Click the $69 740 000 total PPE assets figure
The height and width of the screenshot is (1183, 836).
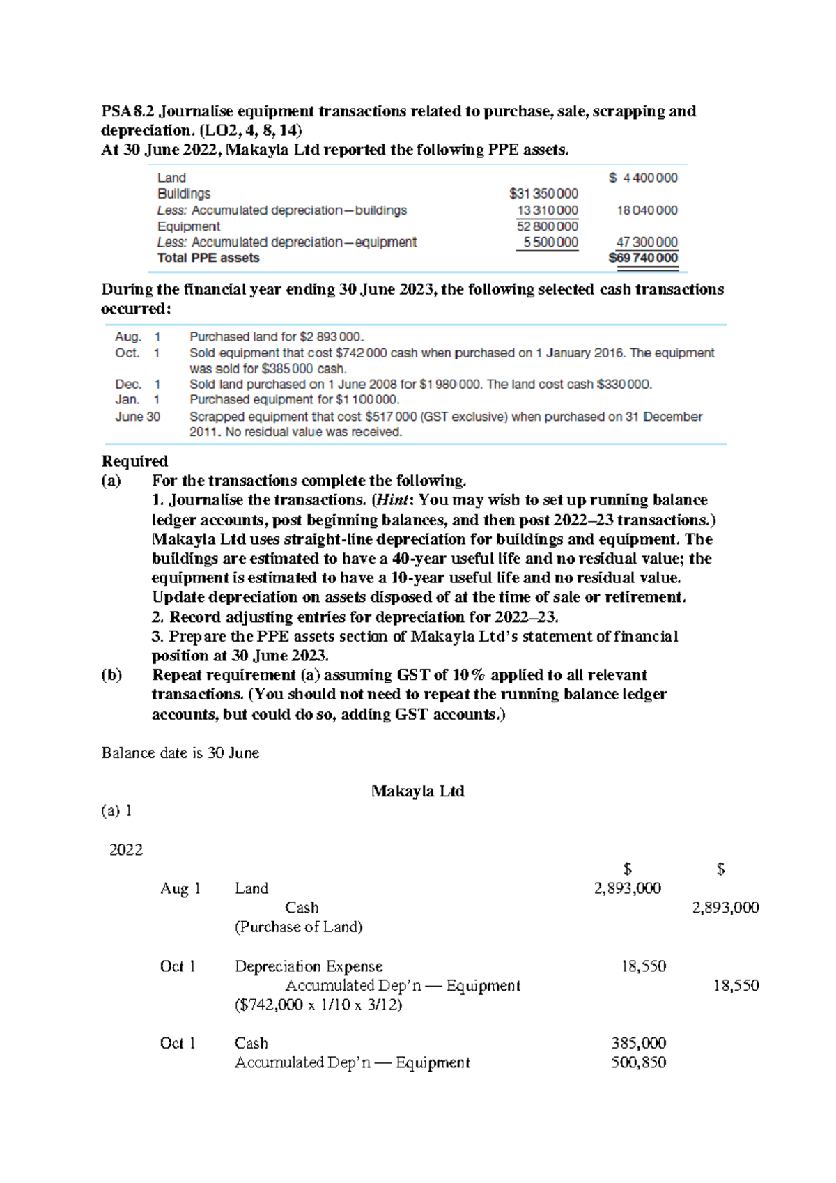pyautogui.click(x=643, y=258)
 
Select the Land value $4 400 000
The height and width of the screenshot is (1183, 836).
pyautogui.click(x=643, y=178)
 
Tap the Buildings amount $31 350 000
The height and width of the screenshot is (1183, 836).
pyautogui.click(x=543, y=194)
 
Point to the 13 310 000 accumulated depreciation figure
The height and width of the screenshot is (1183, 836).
pyautogui.click(x=547, y=210)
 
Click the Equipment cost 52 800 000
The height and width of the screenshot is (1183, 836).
pyautogui.click(x=547, y=226)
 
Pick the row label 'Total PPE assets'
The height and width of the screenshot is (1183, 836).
pyautogui.click(x=208, y=258)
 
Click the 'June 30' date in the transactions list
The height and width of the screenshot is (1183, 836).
pyautogui.click(x=137, y=417)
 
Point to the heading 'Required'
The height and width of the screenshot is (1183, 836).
pyautogui.click(x=134, y=461)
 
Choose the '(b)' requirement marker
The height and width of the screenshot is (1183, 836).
pyautogui.click(x=111, y=675)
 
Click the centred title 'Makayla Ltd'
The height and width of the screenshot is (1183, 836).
pyautogui.click(x=417, y=791)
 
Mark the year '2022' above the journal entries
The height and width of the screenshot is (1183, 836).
pyautogui.click(x=126, y=850)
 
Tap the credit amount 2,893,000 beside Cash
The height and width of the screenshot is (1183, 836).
pyautogui.click(x=725, y=908)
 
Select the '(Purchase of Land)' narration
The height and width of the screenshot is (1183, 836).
pyautogui.click(x=298, y=927)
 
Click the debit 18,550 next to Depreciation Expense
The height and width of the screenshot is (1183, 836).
pyautogui.click(x=643, y=966)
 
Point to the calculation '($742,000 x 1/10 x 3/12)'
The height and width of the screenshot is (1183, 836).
pyautogui.click(x=318, y=1005)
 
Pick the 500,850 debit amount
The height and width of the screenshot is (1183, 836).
pyautogui.click(x=638, y=1062)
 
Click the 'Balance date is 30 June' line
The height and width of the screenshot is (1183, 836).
pyautogui.click(x=180, y=753)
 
